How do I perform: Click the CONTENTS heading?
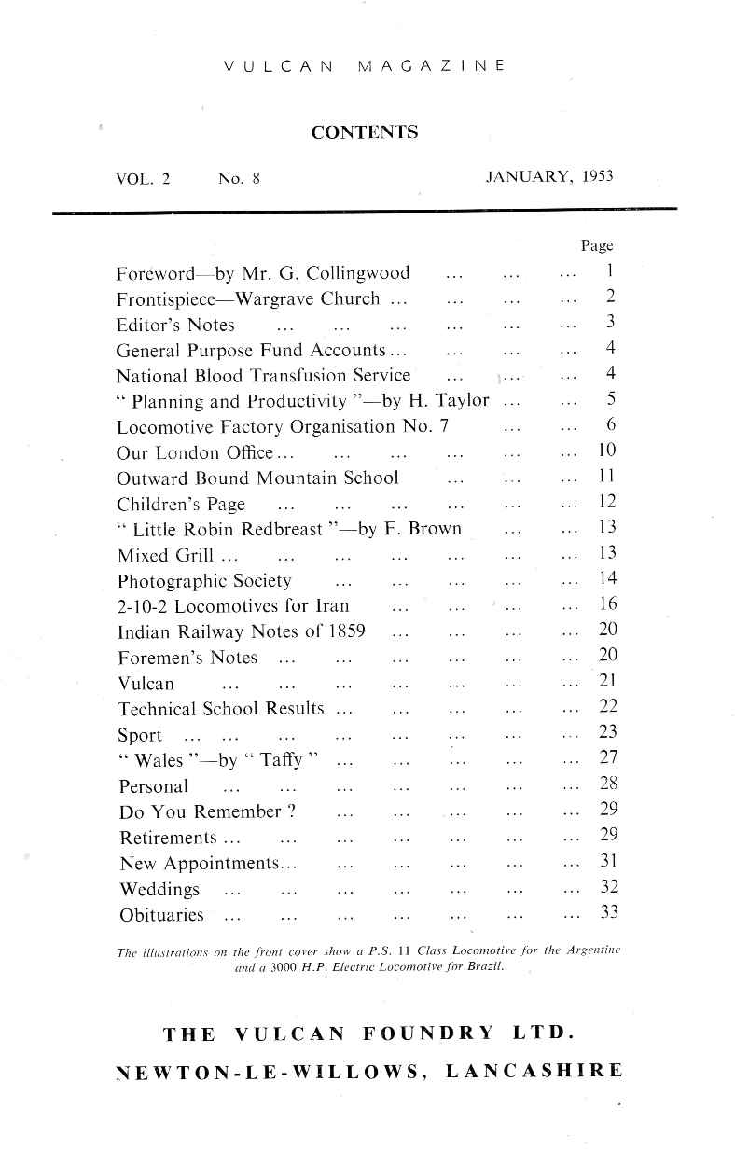(x=364, y=132)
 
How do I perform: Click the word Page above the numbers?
(x=597, y=246)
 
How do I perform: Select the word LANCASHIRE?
(x=534, y=1075)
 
